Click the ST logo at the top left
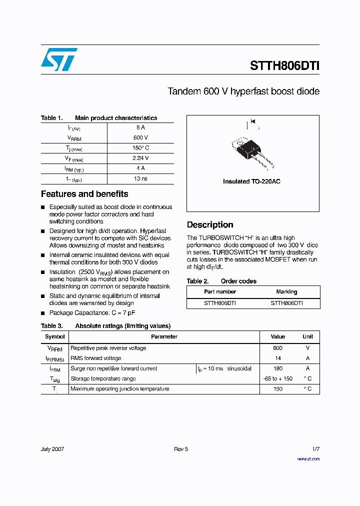coord(59,59)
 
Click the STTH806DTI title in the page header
coord(284,66)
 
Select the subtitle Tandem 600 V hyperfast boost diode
coord(243,91)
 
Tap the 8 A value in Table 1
coord(140,128)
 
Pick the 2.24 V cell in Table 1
coord(140,158)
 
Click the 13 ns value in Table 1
coord(140,178)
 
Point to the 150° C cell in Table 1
coord(140,148)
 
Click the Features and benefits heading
coord(84,194)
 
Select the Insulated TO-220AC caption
coord(251,181)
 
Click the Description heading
coord(210,225)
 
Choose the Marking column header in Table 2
coord(286,291)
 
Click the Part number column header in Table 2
coord(220,291)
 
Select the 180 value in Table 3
coord(278,368)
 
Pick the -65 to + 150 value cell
coord(278,378)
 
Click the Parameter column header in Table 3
coord(164,336)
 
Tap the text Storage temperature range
coord(103,378)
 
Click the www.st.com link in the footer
coord(308,459)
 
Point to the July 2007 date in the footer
coord(52,449)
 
